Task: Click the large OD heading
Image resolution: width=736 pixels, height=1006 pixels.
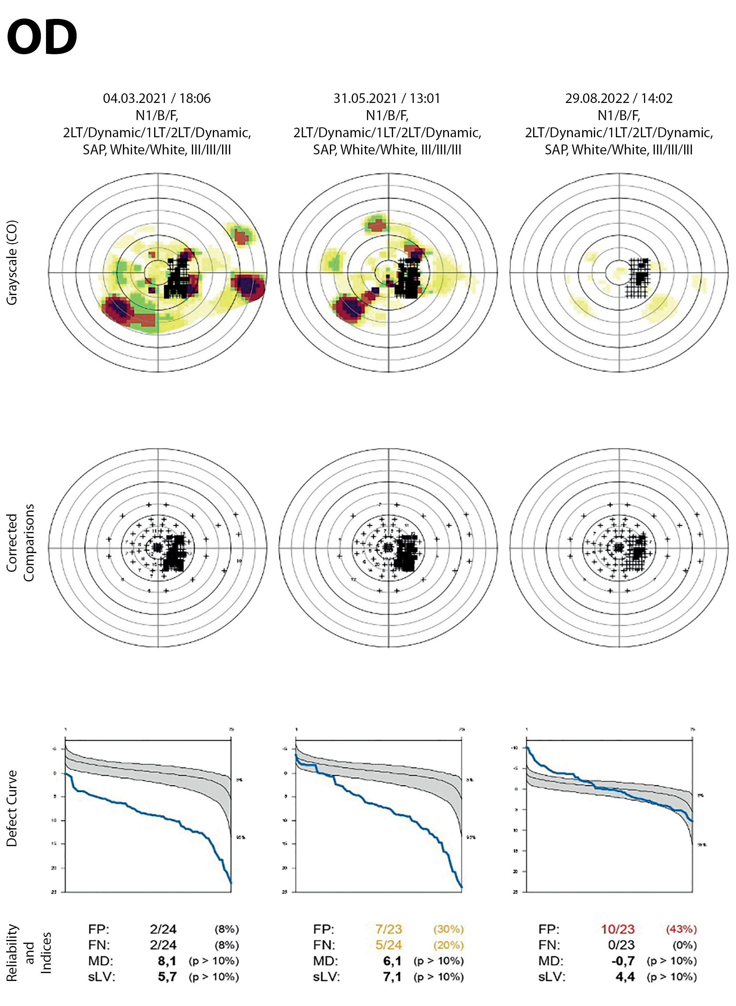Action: [42, 37]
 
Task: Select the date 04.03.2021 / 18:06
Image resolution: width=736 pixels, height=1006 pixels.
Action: [157, 98]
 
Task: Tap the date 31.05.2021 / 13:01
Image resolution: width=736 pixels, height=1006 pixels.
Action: [387, 98]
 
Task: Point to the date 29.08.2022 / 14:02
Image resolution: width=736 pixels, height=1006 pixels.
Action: [619, 98]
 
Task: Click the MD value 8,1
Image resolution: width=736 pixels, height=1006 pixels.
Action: [167, 961]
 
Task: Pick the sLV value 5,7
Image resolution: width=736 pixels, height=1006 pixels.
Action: [167, 976]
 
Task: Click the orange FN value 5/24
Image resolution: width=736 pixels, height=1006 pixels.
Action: [389, 945]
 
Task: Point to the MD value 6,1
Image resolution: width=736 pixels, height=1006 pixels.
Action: [392, 961]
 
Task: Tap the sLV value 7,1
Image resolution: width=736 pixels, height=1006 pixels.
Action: [392, 976]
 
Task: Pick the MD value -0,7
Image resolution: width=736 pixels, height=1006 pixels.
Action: [623, 961]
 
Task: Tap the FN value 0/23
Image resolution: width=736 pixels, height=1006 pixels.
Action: [621, 945]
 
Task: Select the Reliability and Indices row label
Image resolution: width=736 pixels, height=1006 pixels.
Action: [29, 953]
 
